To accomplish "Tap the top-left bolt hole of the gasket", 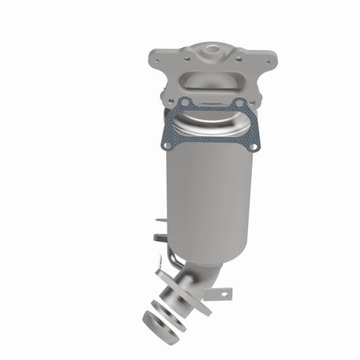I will [183, 102].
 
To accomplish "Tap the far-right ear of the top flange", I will [270, 59].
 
